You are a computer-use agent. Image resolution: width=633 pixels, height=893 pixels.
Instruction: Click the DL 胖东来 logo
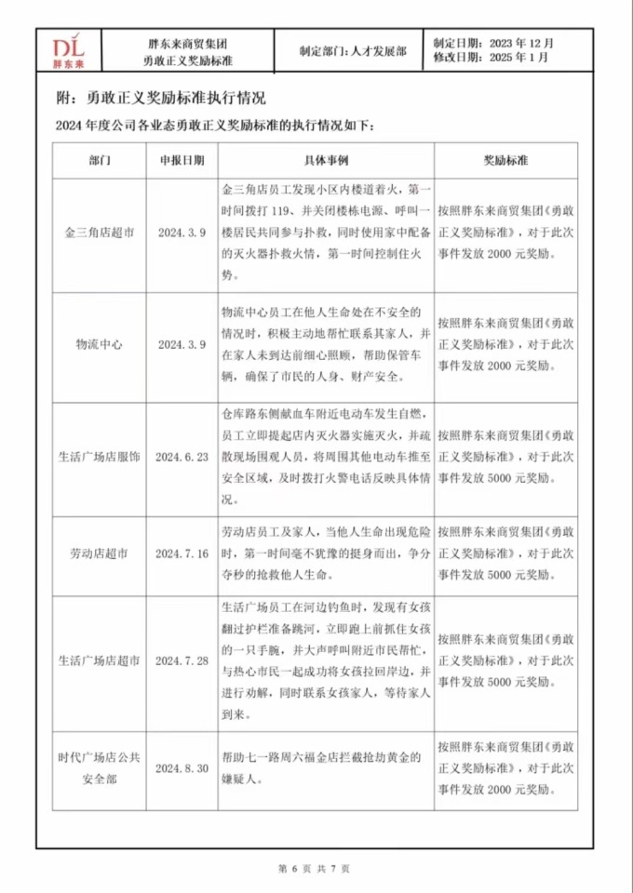coord(69,51)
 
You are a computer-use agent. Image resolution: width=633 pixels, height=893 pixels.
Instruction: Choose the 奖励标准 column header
coord(505,160)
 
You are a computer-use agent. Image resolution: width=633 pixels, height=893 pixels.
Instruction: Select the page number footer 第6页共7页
coord(315,868)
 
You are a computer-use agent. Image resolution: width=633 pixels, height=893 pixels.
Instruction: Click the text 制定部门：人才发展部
coord(353,51)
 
